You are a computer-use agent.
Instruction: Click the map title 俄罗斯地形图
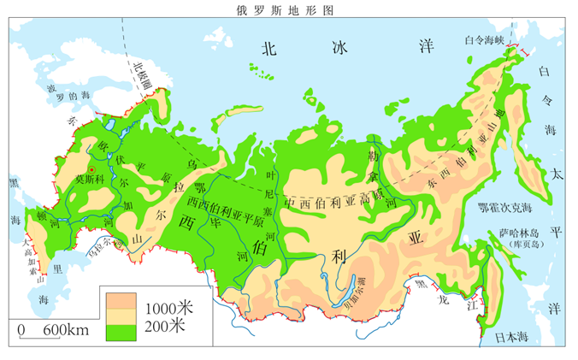tap(288, 9)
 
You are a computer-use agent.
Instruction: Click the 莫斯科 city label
tap(90, 180)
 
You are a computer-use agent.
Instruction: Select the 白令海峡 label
tap(484, 38)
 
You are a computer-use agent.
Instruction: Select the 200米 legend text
tap(163, 326)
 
